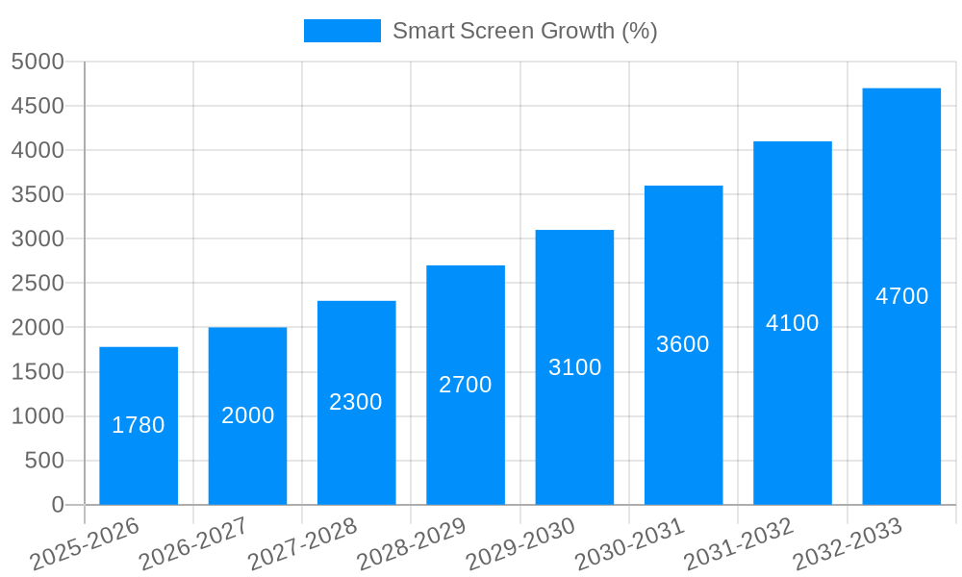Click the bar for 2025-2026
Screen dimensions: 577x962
tap(139, 462)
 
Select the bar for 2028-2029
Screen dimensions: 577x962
tap(466, 433)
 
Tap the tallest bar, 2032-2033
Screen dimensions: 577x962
tap(901, 385)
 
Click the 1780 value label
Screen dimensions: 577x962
tap(139, 425)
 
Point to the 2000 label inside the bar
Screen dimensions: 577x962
tap(247, 415)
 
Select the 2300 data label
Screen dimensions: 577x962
tap(356, 402)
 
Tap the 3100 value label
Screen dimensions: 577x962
tap(574, 367)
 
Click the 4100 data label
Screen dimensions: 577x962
tap(792, 323)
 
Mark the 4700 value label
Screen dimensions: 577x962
tap(901, 296)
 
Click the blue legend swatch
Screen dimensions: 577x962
tap(342, 31)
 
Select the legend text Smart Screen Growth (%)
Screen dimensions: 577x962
tap(524, 31)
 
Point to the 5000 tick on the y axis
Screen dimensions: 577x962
tap(38, 62)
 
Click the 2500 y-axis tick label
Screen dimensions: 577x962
tap(38, 283)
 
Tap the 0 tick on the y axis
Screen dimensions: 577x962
tap(58, 505)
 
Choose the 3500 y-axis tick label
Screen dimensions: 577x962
tap(38, 194)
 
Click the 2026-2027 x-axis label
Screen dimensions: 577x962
tap(193, 545)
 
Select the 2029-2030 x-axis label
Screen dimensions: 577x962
tap(520, 545)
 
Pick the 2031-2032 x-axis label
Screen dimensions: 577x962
tap(739, 545)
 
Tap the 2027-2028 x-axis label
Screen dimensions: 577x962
tap(302, 545)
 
